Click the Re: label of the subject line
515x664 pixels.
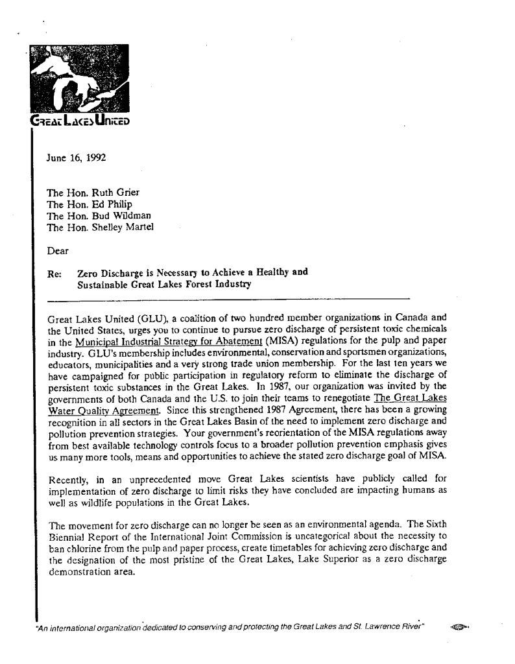pyautogui.click(x=54, y=273)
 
